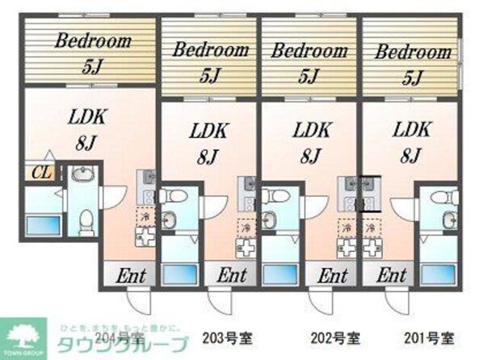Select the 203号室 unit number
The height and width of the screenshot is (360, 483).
pyautogui.click(x=220, y=337)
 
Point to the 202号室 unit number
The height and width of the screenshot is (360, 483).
pyautogui.click(x=333, y=337)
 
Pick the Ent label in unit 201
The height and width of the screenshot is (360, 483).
pyautogui.click(x=391, y=274)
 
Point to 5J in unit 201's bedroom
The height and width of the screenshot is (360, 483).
pyautogui.click(x=413, y=77)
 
